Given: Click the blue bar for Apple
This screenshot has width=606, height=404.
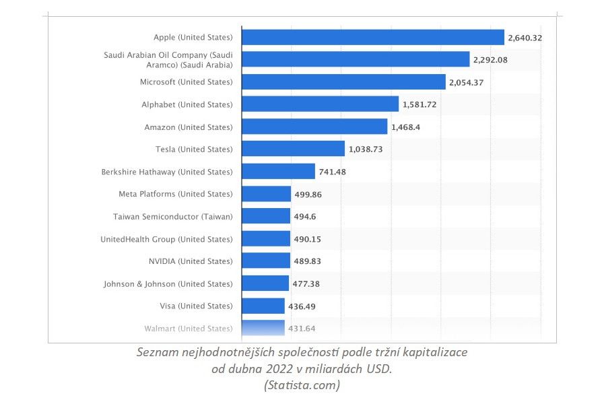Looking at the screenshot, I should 372,37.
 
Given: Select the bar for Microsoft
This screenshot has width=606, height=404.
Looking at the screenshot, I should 343,82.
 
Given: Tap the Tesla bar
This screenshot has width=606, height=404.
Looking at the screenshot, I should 293,149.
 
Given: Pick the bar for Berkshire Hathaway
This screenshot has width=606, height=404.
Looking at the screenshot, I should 278,172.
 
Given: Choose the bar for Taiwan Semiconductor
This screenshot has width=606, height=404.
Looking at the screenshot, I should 266,216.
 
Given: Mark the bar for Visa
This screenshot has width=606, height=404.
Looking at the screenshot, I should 263,306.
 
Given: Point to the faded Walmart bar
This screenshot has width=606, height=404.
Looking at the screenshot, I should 263,328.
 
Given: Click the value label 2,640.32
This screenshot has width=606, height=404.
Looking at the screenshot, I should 525,38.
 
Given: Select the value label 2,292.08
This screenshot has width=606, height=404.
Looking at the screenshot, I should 490,60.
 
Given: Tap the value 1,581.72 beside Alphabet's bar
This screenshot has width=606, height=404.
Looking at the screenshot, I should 419,104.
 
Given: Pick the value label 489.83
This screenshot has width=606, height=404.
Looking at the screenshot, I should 310,261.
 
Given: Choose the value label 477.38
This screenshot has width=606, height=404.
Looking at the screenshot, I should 306,283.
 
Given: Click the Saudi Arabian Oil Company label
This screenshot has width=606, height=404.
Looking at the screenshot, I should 168,59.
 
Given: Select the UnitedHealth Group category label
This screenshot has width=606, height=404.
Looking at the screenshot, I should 166,239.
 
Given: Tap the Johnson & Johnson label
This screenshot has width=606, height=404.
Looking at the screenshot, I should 168,283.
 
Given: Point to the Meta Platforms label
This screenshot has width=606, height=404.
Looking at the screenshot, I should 175,194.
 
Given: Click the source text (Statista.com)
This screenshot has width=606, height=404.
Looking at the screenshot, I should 302,385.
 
